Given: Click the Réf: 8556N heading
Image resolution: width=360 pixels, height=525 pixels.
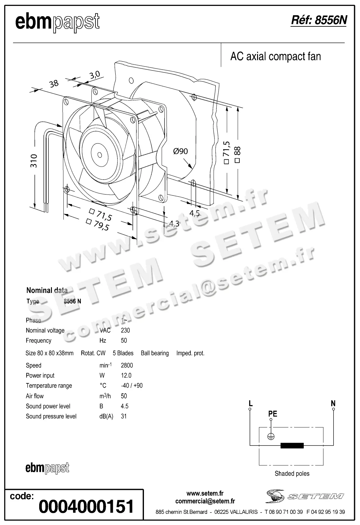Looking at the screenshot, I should coord(318,21).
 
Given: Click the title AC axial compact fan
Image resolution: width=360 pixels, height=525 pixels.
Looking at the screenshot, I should coord(275,57).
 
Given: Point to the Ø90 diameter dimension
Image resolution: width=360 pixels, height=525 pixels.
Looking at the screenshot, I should coord(180,151).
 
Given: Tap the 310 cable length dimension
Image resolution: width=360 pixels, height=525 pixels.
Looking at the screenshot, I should coord(34,161).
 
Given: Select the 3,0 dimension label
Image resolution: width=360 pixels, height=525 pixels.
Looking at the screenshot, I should coord(95,75).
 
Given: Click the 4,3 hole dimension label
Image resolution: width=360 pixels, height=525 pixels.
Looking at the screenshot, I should coord(174,223).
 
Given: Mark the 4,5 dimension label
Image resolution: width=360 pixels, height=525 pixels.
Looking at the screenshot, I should coord(194,213).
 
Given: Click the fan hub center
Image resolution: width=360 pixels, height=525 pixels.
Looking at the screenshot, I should coord(99,155).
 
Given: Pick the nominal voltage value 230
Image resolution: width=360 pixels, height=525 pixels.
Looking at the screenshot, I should coord(125,330).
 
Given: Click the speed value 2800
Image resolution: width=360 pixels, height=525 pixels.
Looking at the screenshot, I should coord(127,365).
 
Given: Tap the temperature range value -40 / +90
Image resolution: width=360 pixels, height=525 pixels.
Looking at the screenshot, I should coord(132,386).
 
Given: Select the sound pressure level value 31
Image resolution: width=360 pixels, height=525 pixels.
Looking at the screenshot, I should coord(124,416).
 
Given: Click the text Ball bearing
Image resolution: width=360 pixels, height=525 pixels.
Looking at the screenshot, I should coord(155,353).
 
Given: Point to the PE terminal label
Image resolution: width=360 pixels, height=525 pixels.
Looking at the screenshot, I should coord(272,414).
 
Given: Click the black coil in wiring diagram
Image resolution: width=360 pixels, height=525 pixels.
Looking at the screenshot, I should coord(292,445).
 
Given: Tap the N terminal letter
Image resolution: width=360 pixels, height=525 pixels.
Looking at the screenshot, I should coord(333,403).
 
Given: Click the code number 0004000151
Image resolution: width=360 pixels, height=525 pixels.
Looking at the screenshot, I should coord(86,506).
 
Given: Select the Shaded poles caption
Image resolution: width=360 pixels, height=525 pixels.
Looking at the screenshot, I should coord(292,474).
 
